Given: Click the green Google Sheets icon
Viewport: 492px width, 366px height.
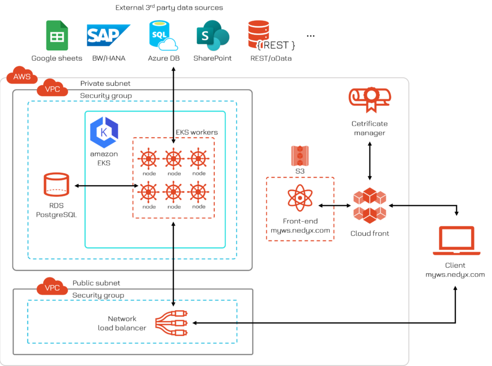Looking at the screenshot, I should (57, 36).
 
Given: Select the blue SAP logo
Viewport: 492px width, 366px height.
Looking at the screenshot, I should (108, 35).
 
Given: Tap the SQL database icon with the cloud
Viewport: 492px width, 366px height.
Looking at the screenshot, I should (163, 36).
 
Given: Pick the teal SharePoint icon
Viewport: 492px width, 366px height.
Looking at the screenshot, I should (213, 36).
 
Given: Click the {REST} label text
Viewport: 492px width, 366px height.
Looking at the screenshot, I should (276, 45).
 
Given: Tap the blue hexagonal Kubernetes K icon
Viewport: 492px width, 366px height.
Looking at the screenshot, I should (104, 132).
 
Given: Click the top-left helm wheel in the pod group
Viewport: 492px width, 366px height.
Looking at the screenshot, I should (148, 159).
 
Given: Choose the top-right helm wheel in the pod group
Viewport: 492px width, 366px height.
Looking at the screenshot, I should (198, 159).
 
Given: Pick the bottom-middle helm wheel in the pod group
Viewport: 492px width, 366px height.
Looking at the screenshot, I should (173, 192).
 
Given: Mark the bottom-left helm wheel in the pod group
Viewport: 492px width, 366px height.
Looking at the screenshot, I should (148, 192).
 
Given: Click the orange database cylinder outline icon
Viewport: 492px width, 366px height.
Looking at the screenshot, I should (56, 185).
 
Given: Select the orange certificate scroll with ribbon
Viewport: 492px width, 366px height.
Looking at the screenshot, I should (370, 98).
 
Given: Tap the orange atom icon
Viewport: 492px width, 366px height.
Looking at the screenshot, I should (300, 198).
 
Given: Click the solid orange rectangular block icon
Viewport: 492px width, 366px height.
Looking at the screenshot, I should (300, 156).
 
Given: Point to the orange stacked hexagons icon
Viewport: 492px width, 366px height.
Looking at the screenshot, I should (370, 205).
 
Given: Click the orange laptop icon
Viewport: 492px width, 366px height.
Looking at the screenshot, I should (456, 241).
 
